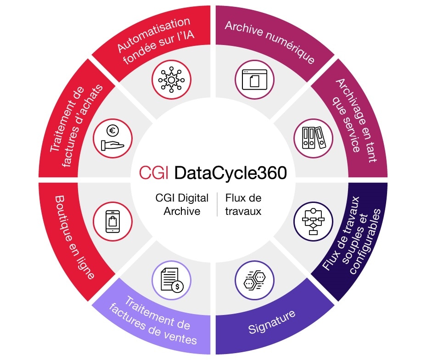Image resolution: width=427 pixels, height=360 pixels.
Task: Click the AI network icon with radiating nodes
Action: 171,80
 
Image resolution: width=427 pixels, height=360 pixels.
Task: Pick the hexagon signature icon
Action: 254,280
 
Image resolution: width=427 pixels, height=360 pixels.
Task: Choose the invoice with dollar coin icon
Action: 171,280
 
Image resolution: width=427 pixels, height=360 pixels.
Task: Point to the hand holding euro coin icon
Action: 112,138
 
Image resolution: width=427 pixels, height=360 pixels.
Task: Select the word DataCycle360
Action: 231,173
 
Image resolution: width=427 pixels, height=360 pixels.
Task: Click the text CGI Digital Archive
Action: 182,205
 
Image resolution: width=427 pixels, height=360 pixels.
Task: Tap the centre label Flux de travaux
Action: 243,205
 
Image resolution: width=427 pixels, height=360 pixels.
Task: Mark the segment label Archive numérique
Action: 270,42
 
